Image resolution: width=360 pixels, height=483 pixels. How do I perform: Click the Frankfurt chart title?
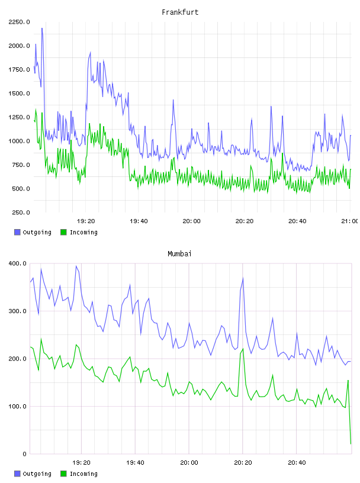(180, 12)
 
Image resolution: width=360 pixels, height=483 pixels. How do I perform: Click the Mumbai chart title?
(179, 254)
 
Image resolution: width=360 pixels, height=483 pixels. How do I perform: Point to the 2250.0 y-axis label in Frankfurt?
(19, 22)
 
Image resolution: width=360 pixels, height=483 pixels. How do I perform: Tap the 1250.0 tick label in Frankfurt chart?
(19, 117)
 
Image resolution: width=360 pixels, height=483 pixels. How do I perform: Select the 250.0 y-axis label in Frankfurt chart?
(21, 212)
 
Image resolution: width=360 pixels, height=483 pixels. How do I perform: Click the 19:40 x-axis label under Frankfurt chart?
(139, 221)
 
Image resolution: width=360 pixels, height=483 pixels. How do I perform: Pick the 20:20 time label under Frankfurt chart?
(245, 221)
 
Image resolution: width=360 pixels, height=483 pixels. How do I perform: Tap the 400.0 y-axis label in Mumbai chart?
(17, 263)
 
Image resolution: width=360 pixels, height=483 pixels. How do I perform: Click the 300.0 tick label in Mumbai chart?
(17, 311)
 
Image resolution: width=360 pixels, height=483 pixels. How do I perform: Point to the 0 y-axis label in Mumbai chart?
(24, 454)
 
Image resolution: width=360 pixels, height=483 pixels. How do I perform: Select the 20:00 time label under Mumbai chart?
(189, 462)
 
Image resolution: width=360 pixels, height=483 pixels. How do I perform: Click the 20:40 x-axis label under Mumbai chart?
(297, 462)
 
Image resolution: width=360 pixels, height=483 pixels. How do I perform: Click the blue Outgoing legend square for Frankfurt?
(17, 232)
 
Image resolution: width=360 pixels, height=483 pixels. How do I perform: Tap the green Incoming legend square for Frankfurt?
(63, 232)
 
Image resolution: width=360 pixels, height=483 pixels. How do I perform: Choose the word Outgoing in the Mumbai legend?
(37, 474)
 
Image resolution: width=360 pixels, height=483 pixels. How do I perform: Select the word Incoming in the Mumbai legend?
(83, 474)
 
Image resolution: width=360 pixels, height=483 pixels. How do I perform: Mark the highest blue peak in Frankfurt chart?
(42, 28)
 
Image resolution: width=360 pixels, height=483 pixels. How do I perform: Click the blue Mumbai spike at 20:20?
(243, 278)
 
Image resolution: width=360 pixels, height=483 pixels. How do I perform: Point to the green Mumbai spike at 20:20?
(243, 349)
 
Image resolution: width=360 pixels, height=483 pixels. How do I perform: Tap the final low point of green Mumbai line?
(351, 443)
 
